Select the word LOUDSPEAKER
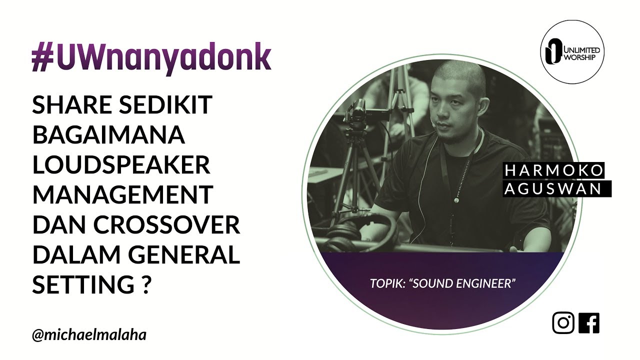(121, 165)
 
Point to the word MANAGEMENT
(122, 195)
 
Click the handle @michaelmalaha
(89, 335)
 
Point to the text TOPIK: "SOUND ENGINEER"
(442, 283)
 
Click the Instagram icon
(563, 323)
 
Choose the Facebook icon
(589, 323)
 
